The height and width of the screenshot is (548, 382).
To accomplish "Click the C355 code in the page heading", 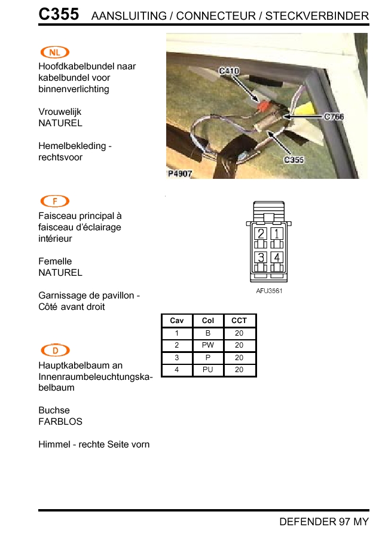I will click(x=59, y=14).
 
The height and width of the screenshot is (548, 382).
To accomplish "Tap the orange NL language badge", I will click(x=54, y=53).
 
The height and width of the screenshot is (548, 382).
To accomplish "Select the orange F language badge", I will click(x=54, y=202).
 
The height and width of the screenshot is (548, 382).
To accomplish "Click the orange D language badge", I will click(x=54, y=351).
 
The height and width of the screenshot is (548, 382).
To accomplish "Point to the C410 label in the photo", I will click(x=229, y=71).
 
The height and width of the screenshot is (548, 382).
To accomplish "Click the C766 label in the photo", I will click(x=334, y=117).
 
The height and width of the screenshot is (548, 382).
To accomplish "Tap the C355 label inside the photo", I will click(x=294, y=160).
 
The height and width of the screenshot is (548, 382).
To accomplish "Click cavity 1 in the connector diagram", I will click(x=277, y=234).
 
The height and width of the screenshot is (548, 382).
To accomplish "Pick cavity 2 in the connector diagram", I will click(x=261, y=234).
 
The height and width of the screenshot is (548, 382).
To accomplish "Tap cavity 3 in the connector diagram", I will click(x=261, y=257).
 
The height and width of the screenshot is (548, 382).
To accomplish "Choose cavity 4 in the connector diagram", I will click(x=277, y=257).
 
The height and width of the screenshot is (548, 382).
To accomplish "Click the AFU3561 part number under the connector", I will click(x=269, y=291).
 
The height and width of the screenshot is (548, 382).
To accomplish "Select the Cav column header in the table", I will click(x=177, y=321).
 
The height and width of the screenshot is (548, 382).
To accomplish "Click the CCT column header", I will click(x=239, y=321).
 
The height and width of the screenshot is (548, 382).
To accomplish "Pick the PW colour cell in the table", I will click(x=208, y=345).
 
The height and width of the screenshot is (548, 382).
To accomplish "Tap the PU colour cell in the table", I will click(x=208, y=370).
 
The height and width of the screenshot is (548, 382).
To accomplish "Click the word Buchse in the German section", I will click(x=54, y=410).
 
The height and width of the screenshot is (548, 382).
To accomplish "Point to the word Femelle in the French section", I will click(x=55, y=261).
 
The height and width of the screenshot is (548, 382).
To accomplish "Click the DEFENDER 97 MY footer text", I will click(x=324, y=522).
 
